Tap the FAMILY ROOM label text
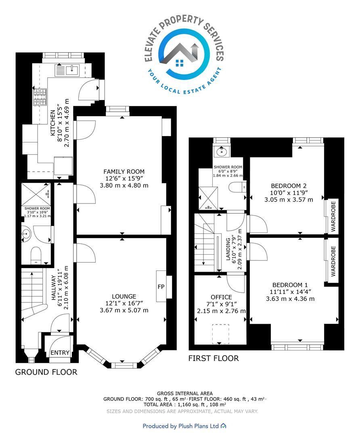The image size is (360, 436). tap(124, 172)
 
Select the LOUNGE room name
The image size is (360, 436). tap(124, 296)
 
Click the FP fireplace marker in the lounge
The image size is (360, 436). tap(161, 287)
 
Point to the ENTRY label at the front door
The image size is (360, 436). tap(60, 352)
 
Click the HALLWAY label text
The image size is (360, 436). tap(54, 288)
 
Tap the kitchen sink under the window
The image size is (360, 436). tap(68, 70)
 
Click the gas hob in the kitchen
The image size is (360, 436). tap(40, 97)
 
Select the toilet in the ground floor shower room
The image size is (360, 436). tap(36, 255)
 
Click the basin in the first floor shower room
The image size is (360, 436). tap(222, 151)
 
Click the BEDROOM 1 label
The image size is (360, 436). tap(290, 285)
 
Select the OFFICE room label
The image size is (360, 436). tap(221, 297)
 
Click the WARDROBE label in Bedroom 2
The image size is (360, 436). tap(333, 217)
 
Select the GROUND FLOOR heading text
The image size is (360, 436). tap(46, 372)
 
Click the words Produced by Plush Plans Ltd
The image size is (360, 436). tap(181, 426)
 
